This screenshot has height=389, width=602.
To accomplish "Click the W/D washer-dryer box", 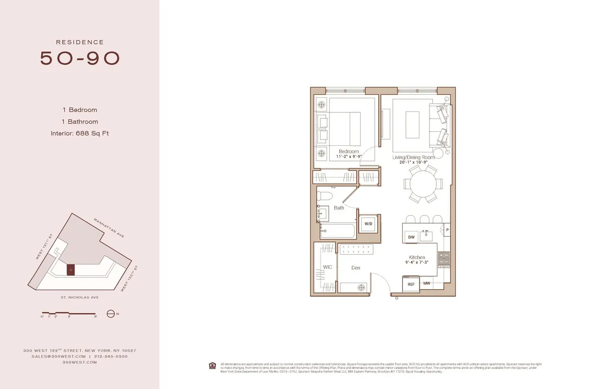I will (x=368, y=223).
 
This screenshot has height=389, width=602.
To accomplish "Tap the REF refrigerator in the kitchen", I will (x=411, y=284).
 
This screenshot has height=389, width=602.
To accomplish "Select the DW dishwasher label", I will (x=411, y=237).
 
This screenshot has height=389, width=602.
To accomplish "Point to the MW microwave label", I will (x=426, y=283).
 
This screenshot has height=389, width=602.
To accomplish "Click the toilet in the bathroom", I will (x=326, y=196).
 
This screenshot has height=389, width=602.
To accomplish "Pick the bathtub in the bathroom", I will (x=338, y=232).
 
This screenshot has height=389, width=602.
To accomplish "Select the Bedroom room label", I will (x=349, y=151).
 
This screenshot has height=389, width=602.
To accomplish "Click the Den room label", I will (x=356, y=268).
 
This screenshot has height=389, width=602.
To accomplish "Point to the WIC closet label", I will (x=327, y=267).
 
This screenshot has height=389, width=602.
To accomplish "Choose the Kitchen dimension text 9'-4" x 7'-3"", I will (x=417, y=262).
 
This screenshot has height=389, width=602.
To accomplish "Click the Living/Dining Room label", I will (x=413, y=157).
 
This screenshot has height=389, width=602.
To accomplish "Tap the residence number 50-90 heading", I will (x=80, y=58).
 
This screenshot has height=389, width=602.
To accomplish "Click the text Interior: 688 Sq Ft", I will (x=80, y=133).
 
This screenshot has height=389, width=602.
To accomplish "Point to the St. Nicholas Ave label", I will (x=80, y=297).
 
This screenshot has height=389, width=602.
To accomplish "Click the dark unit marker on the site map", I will (x=71, y=270).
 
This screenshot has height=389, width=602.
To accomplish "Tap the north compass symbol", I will (x=110, y=314).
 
